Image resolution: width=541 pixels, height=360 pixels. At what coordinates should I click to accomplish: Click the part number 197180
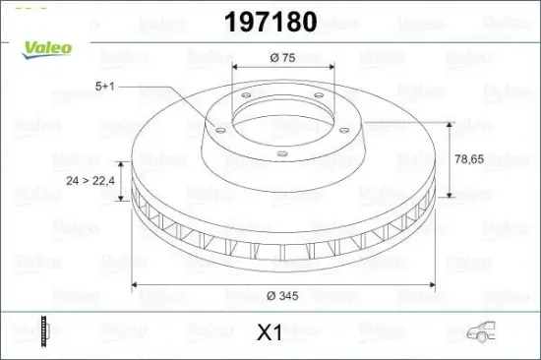click(x=270, y=22)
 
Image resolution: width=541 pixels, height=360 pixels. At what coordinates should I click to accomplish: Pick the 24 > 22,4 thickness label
click(x=90, y=181)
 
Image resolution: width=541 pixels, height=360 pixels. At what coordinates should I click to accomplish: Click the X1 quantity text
click(x=270, y=333)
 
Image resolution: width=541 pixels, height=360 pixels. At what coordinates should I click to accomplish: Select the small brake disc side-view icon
click(x=44, y=330)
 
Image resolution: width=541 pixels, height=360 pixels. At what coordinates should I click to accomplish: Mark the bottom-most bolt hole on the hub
click(x=281, y=151)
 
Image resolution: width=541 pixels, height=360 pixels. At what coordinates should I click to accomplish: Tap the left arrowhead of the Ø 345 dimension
click(x=136, y=285)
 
